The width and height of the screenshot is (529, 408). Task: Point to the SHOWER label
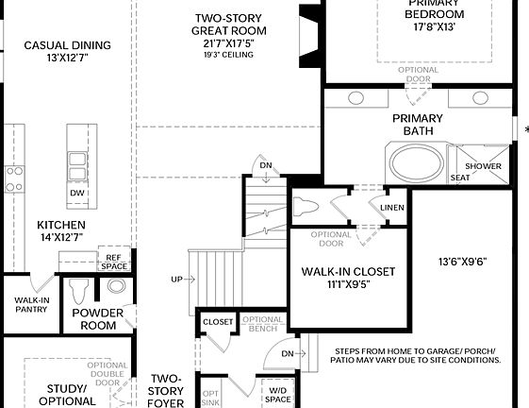pyautogui.click(x=482, y=166)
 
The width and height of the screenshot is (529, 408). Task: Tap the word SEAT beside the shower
pyautogui.click(x=460, y=177)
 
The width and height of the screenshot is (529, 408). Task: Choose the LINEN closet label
pyautogui.click(x=392, y=208)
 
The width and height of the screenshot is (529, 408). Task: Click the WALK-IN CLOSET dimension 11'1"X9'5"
pyautogui.click(x=347, y=283)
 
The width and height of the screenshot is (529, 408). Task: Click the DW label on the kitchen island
pyautogui.click(x=77, y=194)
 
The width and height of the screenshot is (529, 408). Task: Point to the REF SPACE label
pyautogui.click(x=113, y=262)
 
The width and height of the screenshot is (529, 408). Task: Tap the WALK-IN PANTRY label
pyautogui.click(x=31, y=305)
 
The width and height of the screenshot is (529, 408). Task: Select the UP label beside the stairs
pyautogui.click(x=176, y=279)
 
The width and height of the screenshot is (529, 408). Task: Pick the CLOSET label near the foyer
pyautogui.click(x=218, y=322)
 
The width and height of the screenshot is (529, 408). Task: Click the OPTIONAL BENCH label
pyautogui.click(x=262, y=325)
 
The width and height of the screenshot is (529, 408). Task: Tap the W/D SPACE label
pyautogui.click(x=277, y=393)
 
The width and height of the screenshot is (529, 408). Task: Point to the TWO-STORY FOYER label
pyautogui.click(x=166, y=390)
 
